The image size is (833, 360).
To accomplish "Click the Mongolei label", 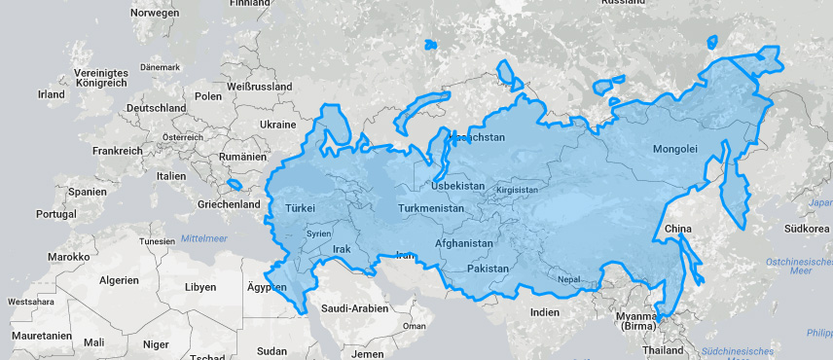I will [674, 149].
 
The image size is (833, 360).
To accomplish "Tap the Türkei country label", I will [301, 208].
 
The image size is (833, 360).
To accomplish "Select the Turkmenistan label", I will [430, 208].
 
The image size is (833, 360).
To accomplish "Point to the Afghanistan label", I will [464, 243].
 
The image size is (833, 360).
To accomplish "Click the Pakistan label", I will [489, 268].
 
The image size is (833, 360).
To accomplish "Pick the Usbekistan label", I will [457, 185].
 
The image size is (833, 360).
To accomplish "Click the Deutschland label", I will [156, 107].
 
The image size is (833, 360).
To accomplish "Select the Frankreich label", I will [117, 152].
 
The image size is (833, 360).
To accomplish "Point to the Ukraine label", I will [277, 125].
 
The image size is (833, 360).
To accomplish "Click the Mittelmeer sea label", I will [203, 237].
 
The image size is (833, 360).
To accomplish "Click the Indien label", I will [545, 311].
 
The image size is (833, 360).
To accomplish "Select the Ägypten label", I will [267, 288].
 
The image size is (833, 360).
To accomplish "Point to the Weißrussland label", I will [259, 87].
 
